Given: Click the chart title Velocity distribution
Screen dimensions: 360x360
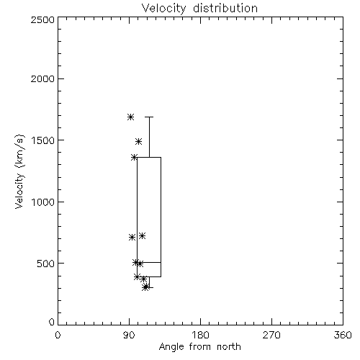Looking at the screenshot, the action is [199, 9].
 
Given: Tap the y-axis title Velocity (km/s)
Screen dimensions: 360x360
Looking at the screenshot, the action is [19, 171].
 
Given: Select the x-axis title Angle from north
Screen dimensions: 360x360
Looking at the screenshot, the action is [199, 347].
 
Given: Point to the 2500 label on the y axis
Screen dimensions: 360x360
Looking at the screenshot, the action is [43, 19].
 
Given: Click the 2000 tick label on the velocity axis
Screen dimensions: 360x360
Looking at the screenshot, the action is [43, 78].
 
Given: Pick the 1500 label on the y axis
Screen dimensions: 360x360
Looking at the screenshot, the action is [43, 140].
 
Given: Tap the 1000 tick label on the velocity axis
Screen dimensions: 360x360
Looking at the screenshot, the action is [43, 202].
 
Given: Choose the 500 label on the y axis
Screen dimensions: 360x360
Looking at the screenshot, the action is [46, 264].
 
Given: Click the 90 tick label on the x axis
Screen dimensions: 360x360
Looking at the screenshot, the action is [130, 335].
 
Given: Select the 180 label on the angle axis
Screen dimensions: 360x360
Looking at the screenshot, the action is [200, 335].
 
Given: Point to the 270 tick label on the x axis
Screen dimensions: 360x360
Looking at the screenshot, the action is [271, 335].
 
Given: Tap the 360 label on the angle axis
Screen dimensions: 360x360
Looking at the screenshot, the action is [343, 335].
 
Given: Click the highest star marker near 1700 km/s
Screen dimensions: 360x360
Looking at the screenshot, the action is [130, 117].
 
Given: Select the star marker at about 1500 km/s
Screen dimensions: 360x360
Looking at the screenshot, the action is [138, 141].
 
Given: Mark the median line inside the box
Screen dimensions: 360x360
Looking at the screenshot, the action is [149, 262].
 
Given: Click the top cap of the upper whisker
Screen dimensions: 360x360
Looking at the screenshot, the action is [149, 117].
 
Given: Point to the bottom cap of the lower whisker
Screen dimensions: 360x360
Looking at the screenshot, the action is [149, 287].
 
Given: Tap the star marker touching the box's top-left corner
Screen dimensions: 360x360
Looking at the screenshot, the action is [134, 158].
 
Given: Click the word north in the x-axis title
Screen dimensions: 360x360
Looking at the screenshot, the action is [229, 347].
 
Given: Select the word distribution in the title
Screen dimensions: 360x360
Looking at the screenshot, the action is [225, 9].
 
